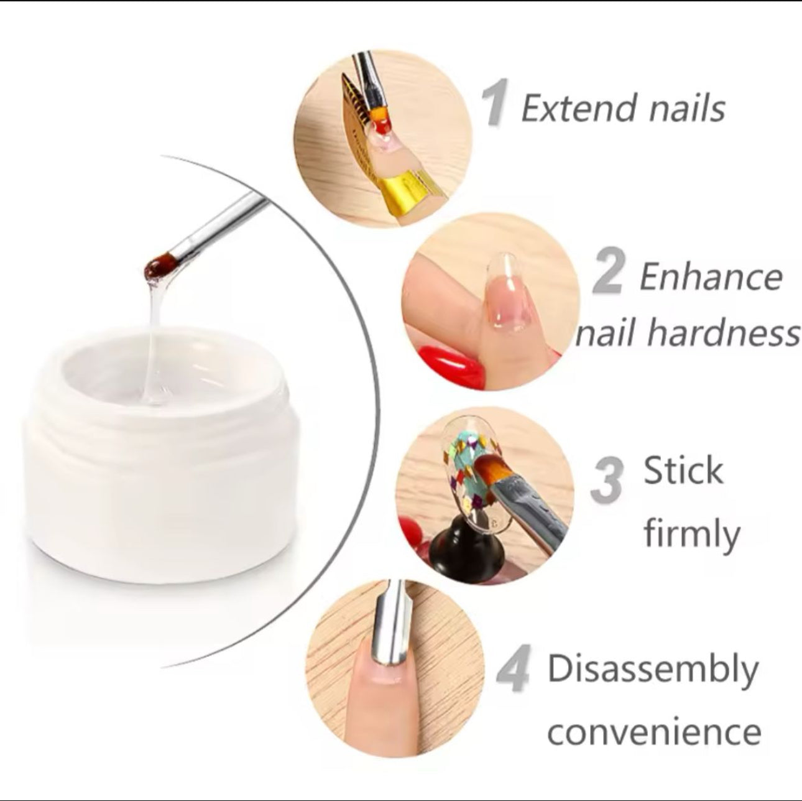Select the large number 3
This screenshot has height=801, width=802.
click(x=606, y=481)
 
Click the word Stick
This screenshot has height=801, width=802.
click(x=683, y=470)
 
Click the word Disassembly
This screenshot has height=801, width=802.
click(x=653, y=670)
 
